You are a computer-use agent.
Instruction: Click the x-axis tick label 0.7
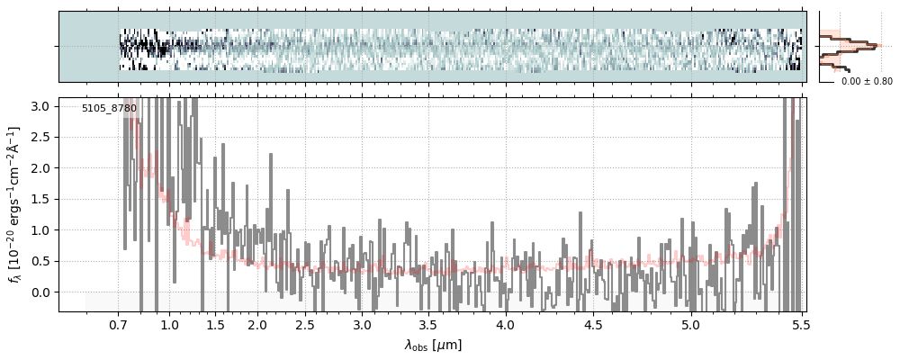click(x=119, y=325)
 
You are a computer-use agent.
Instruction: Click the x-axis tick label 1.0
click(x=169, y=325)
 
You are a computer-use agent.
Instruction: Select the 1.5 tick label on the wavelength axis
click(x=216, y=325)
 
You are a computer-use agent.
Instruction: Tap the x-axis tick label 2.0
click(x=257, y=325)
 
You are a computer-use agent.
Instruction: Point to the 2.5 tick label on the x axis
click(x=305, y=325)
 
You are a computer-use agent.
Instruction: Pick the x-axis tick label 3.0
click(x=362, y=325)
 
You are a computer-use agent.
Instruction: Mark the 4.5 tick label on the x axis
click(x=595, y=325)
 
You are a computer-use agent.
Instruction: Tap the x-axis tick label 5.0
click(x=690, y=325)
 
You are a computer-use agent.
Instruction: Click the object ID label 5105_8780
click(x=109, y=109)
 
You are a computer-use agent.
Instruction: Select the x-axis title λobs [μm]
click(x=433, y=344)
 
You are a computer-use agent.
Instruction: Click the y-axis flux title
click(x=15, y=205)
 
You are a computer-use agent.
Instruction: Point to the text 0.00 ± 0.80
click(x=866, y=82)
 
